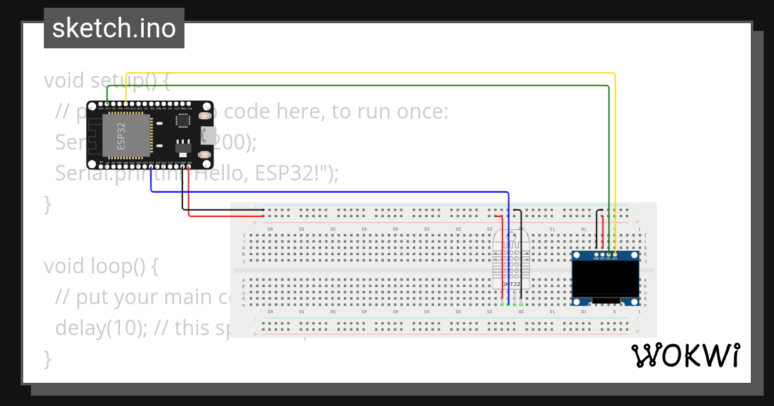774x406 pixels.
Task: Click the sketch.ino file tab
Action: click(114, 28)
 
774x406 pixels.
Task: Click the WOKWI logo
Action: click(685, 356)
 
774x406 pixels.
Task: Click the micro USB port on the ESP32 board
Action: click(208, 135)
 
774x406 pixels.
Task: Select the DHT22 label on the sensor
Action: click(511, 284)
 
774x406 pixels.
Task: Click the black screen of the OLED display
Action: click(606, 279)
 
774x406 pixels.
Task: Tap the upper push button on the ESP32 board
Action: click(205, 116)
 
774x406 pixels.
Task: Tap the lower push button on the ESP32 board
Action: click(205, 155)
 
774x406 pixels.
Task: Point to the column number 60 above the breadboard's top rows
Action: click(271, 229)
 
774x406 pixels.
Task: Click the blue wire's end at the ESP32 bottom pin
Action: click(151, 167)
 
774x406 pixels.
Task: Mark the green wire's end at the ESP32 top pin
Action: click(107, 104)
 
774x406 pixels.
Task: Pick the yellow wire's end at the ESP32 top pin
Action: click(126, 104)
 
